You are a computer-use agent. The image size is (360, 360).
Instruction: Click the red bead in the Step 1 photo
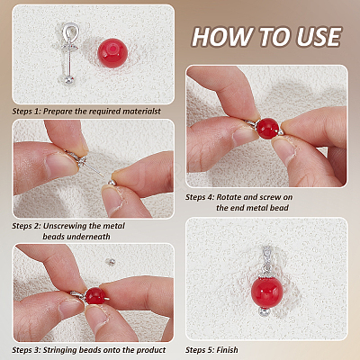coord(112,53)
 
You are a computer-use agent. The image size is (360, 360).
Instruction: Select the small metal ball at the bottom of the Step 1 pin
coord(69,80)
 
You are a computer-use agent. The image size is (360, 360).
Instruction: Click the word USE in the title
coord(319,37)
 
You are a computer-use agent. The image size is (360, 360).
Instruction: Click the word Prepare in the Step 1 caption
coord(58,112)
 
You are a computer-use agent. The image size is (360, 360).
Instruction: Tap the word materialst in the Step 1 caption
coord(141,112)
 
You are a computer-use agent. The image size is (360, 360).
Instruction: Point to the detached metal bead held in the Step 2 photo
coord(112,182)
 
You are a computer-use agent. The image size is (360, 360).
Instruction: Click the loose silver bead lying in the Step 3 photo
coord(110,262)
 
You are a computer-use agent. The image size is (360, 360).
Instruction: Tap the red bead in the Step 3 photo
coord(94,296)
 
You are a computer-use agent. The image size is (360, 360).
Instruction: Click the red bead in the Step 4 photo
coord(267,129)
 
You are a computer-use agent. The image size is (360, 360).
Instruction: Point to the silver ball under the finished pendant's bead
coord(265,312)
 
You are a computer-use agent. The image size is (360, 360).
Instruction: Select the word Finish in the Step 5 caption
coord(227,350)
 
